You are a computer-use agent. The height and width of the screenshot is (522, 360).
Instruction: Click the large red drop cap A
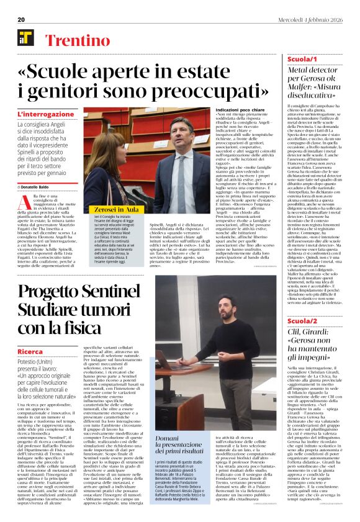25,202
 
